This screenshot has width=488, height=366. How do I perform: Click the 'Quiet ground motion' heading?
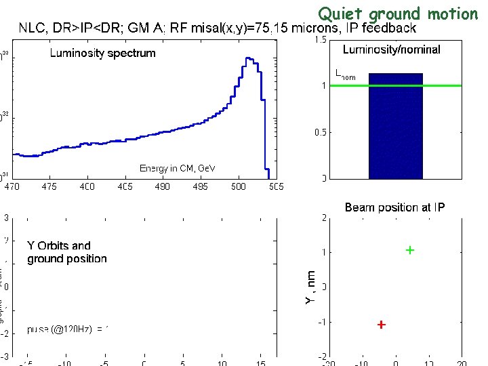click(398, 13)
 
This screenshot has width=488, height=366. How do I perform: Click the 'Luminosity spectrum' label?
click(102, 54)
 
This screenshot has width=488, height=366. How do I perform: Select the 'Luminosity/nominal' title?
click(391, 49)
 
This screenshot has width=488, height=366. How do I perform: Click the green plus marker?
click(410, 250)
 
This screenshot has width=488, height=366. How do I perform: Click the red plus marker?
click(382, 325)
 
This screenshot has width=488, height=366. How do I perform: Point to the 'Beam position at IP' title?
click(394, 207)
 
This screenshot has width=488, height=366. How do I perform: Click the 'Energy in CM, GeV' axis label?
click(177, 168)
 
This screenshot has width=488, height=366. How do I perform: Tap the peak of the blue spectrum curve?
click(248, 59)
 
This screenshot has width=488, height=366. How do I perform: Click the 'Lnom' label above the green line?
click(345, 76)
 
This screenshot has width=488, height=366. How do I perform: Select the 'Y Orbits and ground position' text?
click(67, 252)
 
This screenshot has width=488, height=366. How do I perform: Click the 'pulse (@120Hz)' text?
click(65, 329)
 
